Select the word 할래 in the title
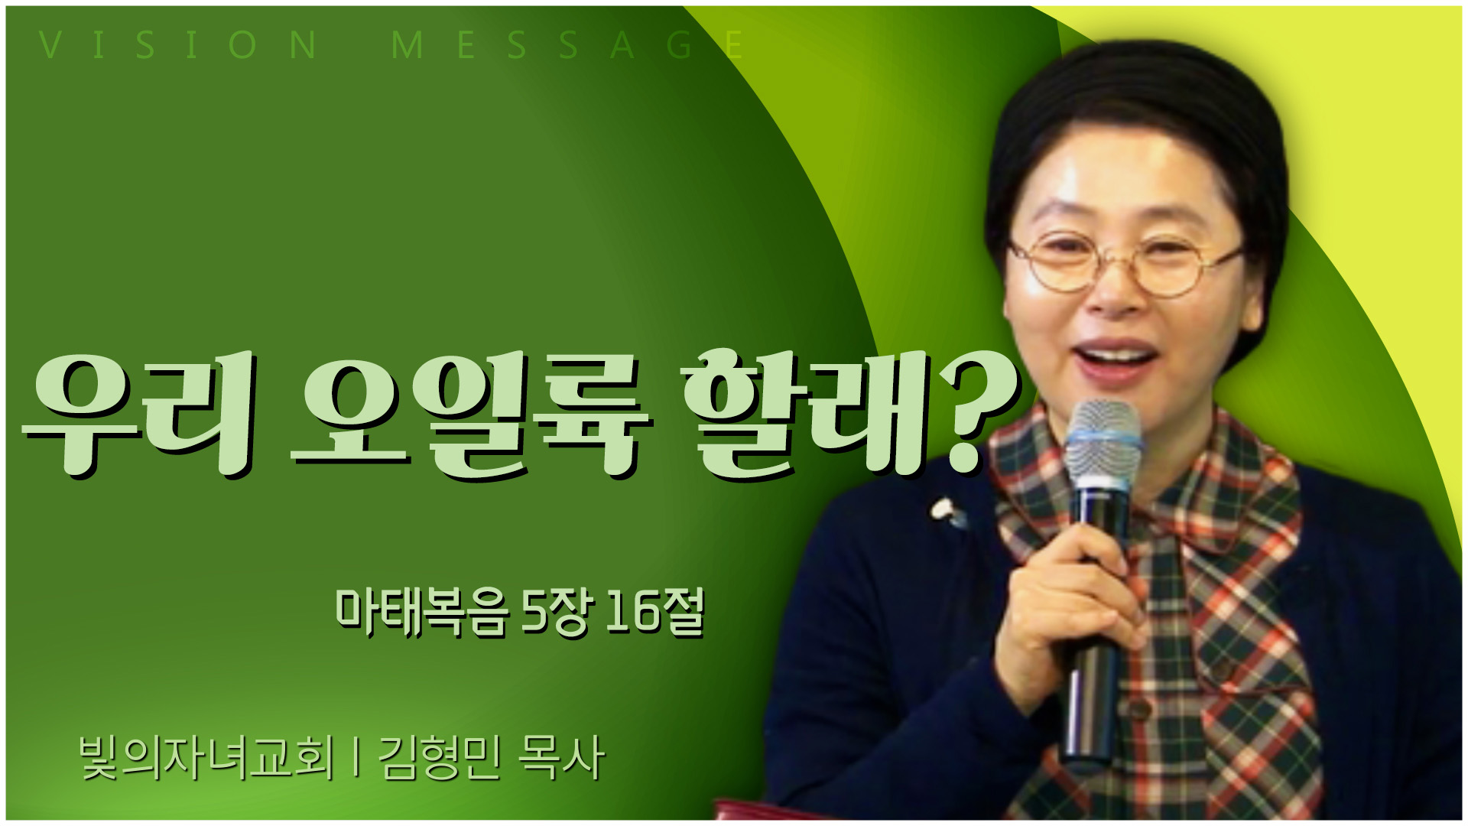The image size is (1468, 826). [x=803, y=413]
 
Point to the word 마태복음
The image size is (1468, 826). [x=421, y=612]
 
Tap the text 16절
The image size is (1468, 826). [x=654, y=612]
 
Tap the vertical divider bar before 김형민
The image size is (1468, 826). [x=356, y=759]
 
